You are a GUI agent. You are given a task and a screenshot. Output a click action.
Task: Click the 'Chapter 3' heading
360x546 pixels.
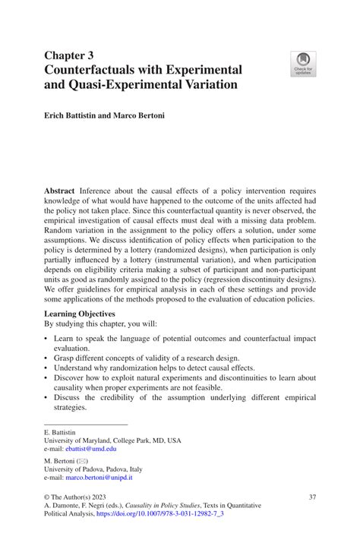click(x=70, y=55)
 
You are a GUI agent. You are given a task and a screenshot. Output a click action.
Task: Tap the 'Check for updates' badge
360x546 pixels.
click(x=303, y=63)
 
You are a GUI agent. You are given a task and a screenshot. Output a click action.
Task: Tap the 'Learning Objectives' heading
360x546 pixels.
click(x=80, y=313)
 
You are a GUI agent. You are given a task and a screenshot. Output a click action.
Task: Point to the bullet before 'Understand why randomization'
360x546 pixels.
click(x=47, y=366)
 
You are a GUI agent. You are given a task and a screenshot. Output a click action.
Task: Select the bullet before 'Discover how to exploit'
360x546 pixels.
click(x=47, y=377)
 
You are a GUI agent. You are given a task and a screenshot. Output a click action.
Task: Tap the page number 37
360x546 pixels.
click(x=311, y=497)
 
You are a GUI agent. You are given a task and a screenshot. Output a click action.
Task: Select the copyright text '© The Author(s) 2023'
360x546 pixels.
click(x=83, y=497)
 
